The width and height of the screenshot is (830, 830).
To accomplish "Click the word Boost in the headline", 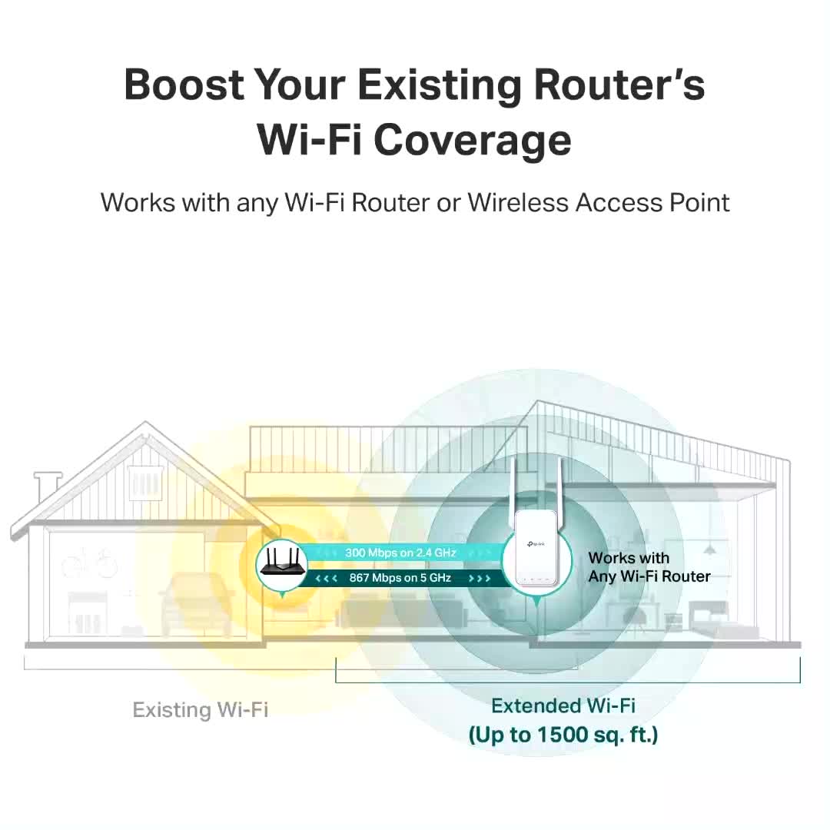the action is pyautogui.click(x=184, y=85).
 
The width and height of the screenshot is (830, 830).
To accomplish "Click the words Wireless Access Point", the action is pyautogui.click(x=599, y=202).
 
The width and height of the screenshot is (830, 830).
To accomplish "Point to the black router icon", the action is pyautogui.click(x=283, y=563).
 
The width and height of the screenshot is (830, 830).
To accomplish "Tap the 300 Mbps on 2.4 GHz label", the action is pyautogui.click(x=400, y=553).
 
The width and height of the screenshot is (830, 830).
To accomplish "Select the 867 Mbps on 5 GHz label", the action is pyautogui.click(x=400, y=577).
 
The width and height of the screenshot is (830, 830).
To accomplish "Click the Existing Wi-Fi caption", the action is pyautogui.click(x=200, y=710).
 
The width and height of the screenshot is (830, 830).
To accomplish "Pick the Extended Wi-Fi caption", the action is pyautogui.click(x=563, y=705).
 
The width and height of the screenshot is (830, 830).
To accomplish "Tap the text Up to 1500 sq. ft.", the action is pyautogui.click(x=563, y=735).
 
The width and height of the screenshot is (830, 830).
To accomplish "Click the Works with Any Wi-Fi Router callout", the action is pyautogui.click(x=649, y=567).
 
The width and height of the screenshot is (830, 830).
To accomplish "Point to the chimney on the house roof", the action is pyautogui.click(x=48, y=487).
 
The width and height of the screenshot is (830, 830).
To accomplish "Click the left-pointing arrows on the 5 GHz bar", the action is pyautogui.click(x=326, y=578).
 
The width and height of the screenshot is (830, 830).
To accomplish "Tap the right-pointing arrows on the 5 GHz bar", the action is pyautogui.click(x=480, y=578).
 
